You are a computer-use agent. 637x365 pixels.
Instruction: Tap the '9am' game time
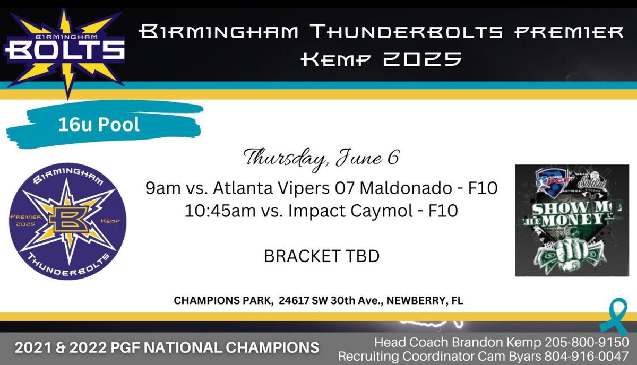click(x=158, y=188)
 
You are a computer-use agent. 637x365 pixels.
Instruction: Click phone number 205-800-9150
click(x=590, y=342)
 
